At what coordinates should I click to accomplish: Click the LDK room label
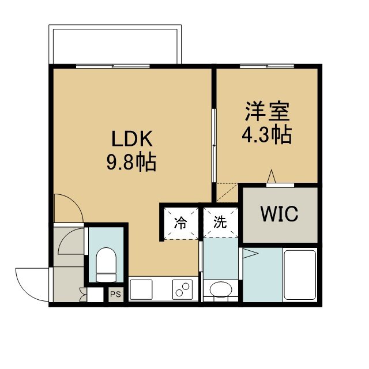click(132, 138)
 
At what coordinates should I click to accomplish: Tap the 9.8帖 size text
click(131, 161)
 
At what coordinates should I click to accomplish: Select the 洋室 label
click(267, 111)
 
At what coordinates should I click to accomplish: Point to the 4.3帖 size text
click(267, 135)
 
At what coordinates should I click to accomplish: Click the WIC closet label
click(279, 214)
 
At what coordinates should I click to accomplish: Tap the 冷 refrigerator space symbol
click(180, 223)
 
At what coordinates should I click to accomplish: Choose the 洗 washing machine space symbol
click(220, 222)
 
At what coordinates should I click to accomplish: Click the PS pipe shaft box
click(115, 294)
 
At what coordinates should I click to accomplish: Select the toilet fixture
click(106, 265)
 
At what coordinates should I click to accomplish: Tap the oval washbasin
click(221, 289)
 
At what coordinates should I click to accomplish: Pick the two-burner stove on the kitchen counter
click(182, 289)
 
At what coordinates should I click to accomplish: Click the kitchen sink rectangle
click(141, 289)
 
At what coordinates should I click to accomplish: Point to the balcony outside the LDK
click(115, 44)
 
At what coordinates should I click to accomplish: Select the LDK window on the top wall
click(113, 66)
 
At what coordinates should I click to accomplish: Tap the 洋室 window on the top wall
click(267, 66)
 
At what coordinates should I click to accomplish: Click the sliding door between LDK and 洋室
click(214, 145)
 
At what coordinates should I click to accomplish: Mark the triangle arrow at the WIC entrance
click(272, 176)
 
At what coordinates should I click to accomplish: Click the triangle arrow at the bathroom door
click(251, 254)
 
